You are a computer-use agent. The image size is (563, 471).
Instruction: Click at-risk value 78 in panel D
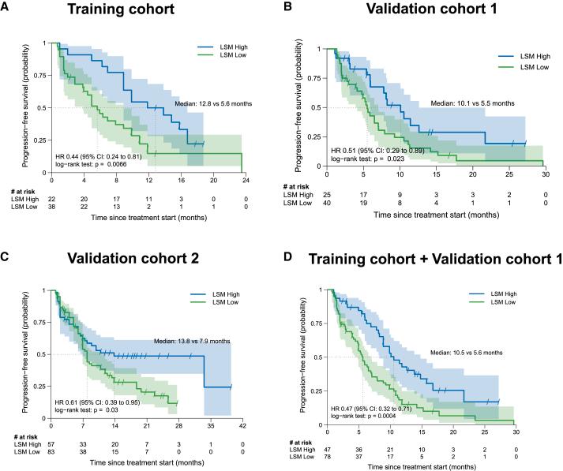coord(330,456)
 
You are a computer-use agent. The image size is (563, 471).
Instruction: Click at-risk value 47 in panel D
coord(330,447)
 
